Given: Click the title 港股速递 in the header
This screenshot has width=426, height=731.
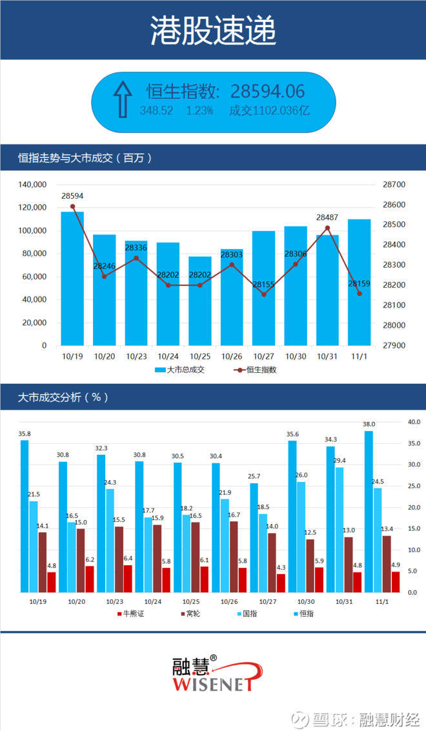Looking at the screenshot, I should tap(213, 30).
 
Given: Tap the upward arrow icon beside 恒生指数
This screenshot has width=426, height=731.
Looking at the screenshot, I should tap(122, 100).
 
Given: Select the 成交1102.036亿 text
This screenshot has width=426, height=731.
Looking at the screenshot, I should tap(270, 110).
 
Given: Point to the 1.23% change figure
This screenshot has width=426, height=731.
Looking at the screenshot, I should tap(199, 110).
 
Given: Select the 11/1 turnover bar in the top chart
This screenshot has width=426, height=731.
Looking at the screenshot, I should tap(360, 283).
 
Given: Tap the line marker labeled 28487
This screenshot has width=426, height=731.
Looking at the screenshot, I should tap(327, 228).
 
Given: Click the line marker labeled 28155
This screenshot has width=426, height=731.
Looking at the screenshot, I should tap(263, 294).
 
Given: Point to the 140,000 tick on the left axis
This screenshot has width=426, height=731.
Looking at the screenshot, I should tap(32, 185).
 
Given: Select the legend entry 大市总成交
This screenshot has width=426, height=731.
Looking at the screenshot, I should tap(180, 370).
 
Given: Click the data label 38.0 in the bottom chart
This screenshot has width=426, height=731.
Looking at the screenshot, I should tap(369, 425).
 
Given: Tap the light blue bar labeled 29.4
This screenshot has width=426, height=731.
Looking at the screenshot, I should tap(340, 529).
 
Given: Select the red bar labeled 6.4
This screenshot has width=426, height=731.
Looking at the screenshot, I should tap(128, 578).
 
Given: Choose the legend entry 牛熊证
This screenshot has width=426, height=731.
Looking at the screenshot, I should tap(131, 613).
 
